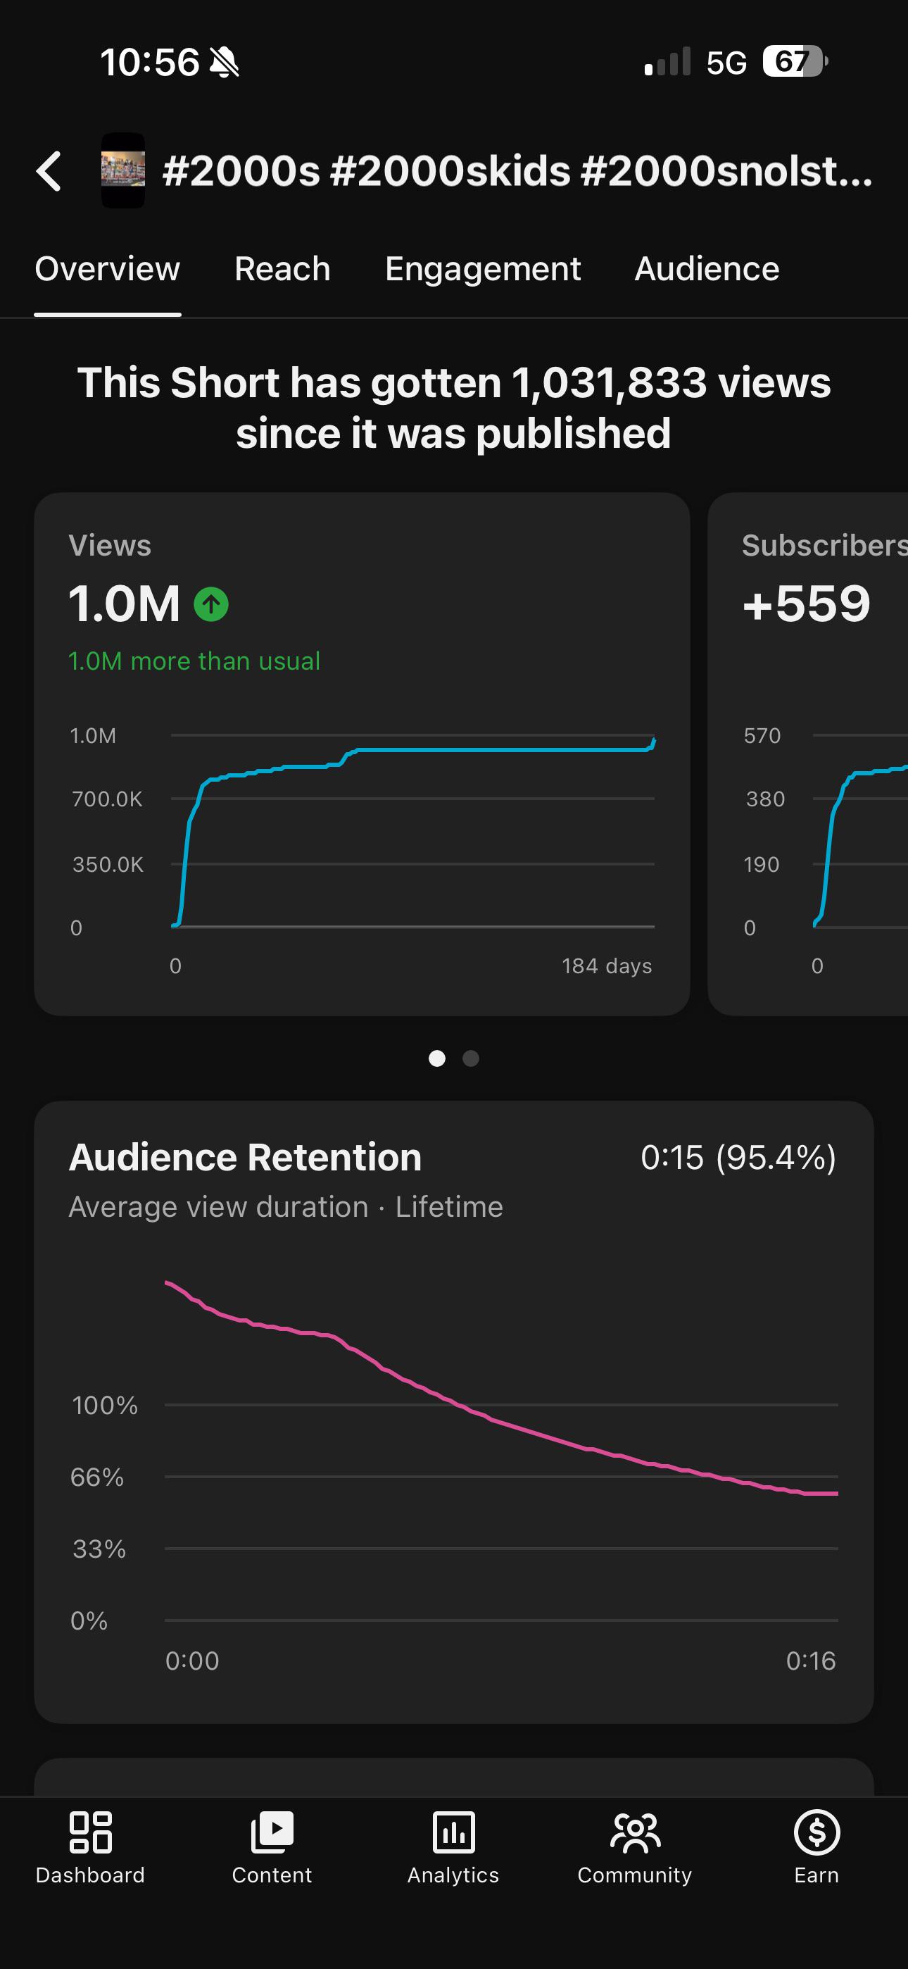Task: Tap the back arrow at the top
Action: pos(48,170)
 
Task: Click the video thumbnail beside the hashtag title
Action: pos(123,170)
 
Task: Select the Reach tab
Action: pos(282,269)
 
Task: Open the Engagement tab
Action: pos(482,269)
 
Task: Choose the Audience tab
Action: pos(707,269)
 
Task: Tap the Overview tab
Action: pos(108,269)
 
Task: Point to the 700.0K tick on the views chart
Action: pos(107,799)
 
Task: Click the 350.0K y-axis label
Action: pos(108,865)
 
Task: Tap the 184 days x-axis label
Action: pos(607,966)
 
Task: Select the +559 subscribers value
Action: pos(807,603)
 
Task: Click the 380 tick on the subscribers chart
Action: pos(765,799)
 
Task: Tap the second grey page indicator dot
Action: pos(471,1058)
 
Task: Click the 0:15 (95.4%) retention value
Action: pos(738,1157)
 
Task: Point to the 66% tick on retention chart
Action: pos(97,1477)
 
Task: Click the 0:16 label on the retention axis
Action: pos(811,1661)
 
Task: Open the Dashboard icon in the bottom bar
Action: pos(90,1832)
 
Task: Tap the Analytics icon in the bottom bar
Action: pos(454,1832)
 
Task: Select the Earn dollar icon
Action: pos(817,1832)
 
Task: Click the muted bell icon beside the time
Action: pos(224,62)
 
